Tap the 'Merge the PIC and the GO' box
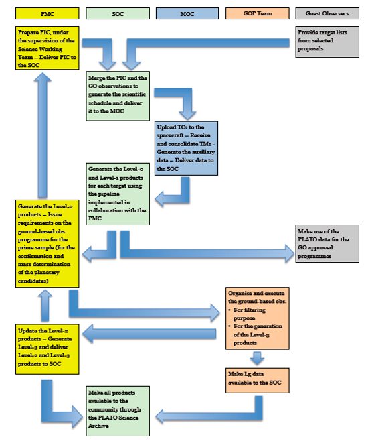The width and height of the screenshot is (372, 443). tap(118, 96)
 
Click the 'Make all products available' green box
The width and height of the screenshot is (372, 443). tap(118, 410)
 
